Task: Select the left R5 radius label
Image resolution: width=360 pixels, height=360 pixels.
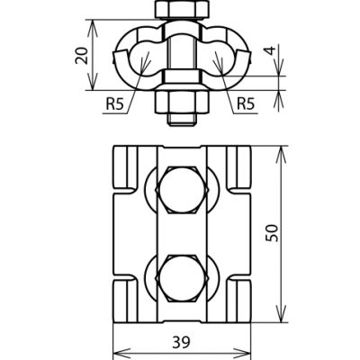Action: (114, 103)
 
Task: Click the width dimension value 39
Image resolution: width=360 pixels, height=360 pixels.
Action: (183, 343)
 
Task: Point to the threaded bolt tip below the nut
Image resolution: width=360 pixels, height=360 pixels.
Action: (179, 113)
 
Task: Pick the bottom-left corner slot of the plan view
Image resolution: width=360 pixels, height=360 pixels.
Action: (126, 296)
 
